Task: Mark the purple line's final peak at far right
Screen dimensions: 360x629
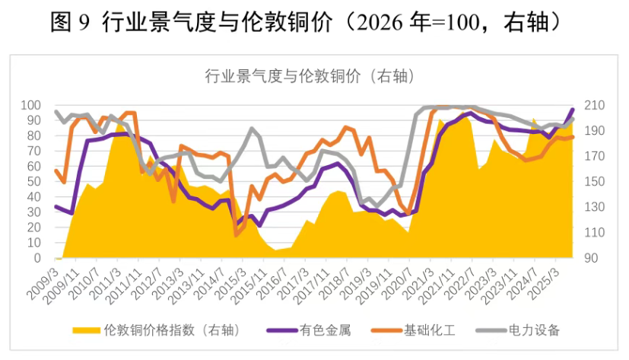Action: pyautogui.click(x=572, y=110)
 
